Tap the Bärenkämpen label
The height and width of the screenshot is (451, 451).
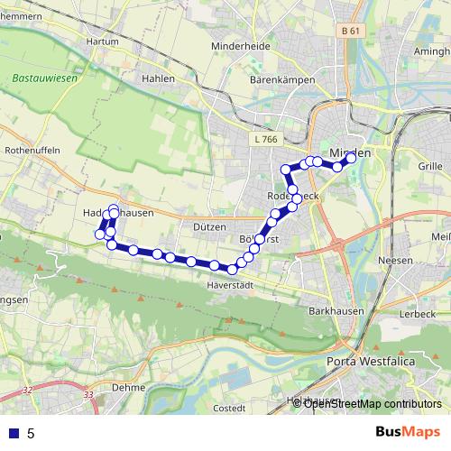click(281, 79)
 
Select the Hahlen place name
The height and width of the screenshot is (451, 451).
click(157, 78)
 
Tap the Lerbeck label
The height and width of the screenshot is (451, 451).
click(418, 313)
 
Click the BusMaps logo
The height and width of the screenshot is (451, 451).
click(409, 433)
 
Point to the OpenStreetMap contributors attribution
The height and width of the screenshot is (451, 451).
click(372, 403)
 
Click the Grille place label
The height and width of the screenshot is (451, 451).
click(430, 166)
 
